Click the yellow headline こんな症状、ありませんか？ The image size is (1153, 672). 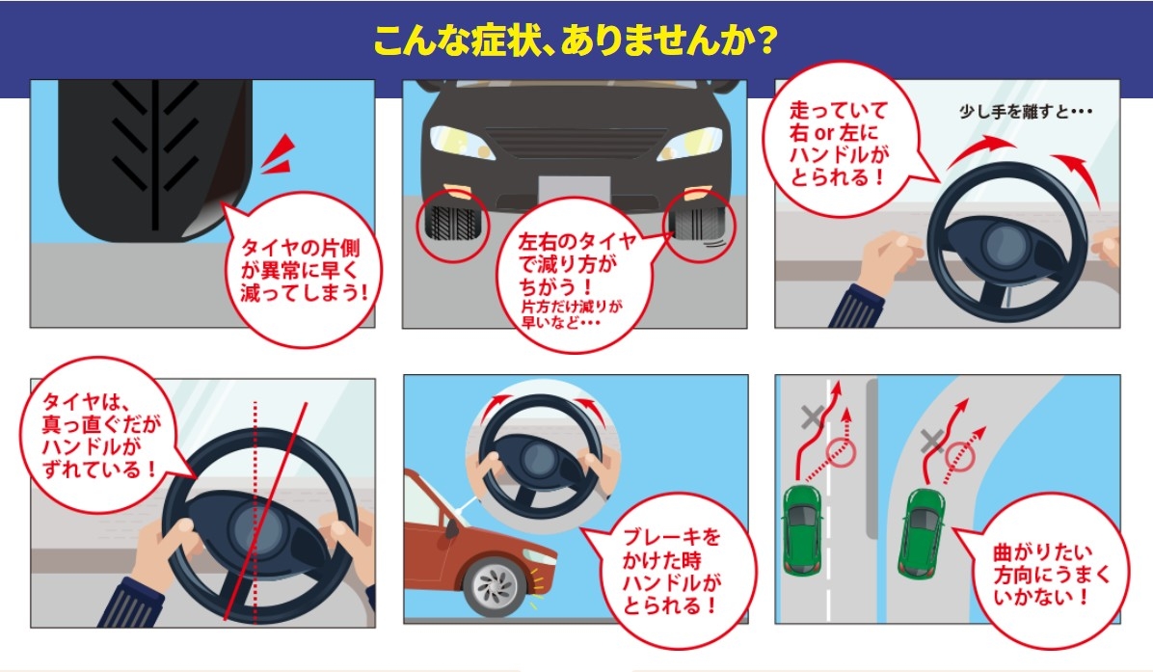[575, 41]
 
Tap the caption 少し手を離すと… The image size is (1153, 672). [1025, 112]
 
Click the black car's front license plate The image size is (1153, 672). [575, 189]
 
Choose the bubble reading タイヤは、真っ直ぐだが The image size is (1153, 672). [99, 435]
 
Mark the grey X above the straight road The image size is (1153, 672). [813, 417]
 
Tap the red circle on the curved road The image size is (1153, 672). [959, 457]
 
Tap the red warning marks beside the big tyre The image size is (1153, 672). [279, 154]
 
